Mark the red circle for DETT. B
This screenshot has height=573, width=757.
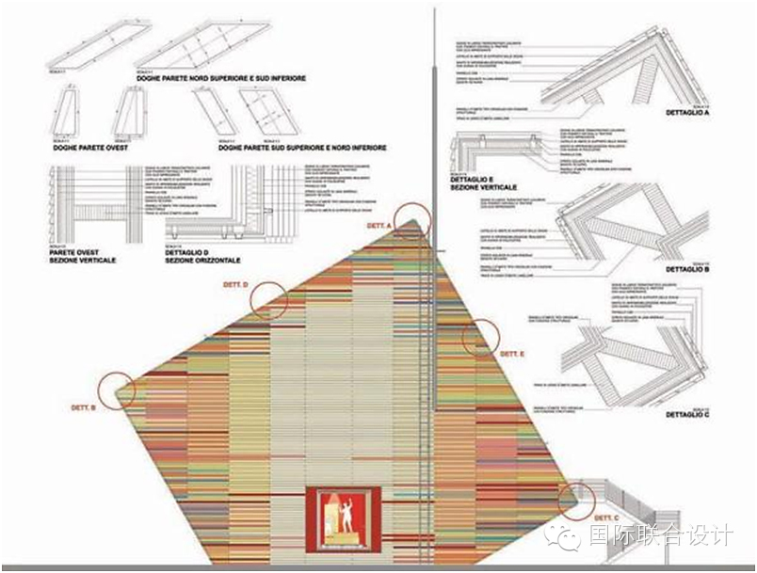click(x=118, y=389)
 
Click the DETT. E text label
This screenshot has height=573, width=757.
click(x=511, y=354)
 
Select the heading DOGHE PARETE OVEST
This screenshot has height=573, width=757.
click(x=89, y=148)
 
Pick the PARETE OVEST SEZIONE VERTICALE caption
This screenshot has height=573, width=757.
click(x=85, y=256)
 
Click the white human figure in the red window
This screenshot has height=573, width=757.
click(x=345, y=517)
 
